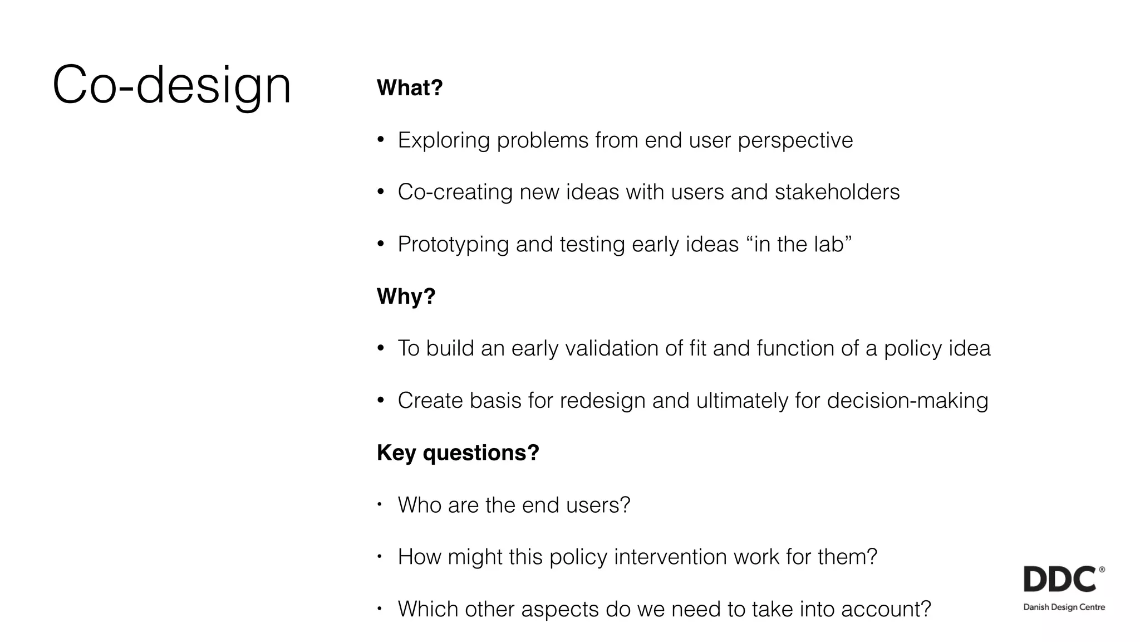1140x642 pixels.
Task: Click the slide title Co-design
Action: tap(171, 85)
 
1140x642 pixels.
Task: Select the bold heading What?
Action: tap(410, 88)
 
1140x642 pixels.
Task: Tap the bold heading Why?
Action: tap(406, 296)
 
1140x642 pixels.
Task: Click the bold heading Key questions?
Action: tap(458, 452)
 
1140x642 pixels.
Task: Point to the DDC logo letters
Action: tap(1059, 580)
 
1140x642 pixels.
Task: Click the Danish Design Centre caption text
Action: tap(1064, 607)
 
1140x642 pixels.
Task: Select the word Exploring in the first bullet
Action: tap(444, 140)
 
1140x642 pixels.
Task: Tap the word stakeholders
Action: tap(837, 192)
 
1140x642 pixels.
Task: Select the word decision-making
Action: tap(907, 401)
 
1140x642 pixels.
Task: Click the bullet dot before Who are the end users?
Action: tap(380, 505)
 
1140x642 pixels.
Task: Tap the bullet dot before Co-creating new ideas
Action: tap(381, 192)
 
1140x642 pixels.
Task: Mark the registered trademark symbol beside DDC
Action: tap(1102, 570)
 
